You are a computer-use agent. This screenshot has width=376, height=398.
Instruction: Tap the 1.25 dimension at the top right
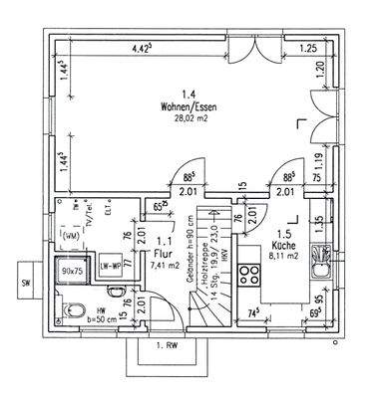click(308, 48)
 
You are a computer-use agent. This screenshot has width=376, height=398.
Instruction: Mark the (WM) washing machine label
click(70, 237)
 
